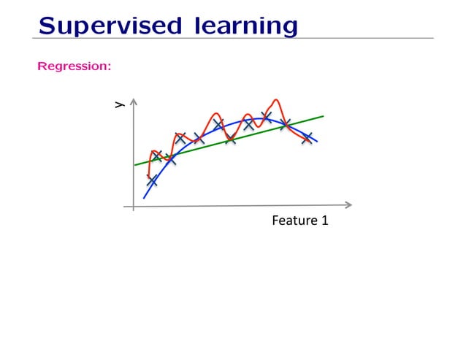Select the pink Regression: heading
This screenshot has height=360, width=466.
[x=74, y=67]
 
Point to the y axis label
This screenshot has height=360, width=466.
[x=118, y=106]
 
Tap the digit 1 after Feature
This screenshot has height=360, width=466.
[x=324, y=220]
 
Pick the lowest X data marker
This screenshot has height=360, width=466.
[x=152, y=180]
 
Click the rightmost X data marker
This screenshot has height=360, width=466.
[x=307, y=138]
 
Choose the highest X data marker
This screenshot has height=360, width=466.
[x=266, y=117]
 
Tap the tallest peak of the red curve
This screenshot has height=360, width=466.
[x=276, y=100]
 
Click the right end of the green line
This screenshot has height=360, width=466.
[x=323, y=115]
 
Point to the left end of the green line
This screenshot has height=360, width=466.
[x=135, y=165]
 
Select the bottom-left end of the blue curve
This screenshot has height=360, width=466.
[x=144, y=198]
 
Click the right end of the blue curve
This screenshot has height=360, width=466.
[x=317, y=140]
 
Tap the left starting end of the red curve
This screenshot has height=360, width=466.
[x=148, y=175]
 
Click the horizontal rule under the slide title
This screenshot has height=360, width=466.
[x=233, y=39]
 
